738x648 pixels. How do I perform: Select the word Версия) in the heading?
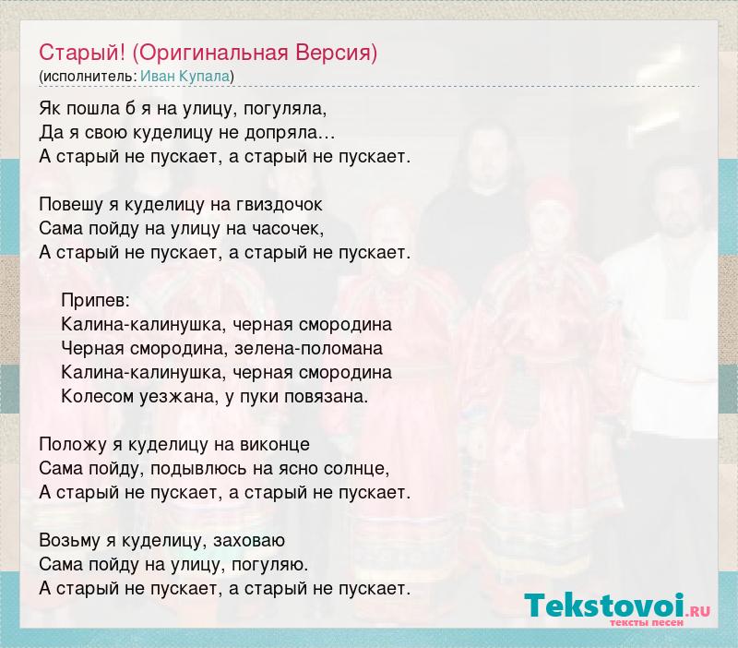(337, 54)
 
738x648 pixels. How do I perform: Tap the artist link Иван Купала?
(185, 77)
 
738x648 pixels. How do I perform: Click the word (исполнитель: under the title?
(88, 77)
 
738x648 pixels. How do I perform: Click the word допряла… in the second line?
(290, 133)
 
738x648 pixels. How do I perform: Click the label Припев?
(96, 300)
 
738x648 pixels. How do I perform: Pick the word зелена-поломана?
(308, 349)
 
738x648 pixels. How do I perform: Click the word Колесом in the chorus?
(98, 397)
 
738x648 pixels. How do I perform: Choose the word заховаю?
(249, 541)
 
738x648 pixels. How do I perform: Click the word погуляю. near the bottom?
(270, 565)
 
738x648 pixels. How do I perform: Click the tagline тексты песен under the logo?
(647, 622)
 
